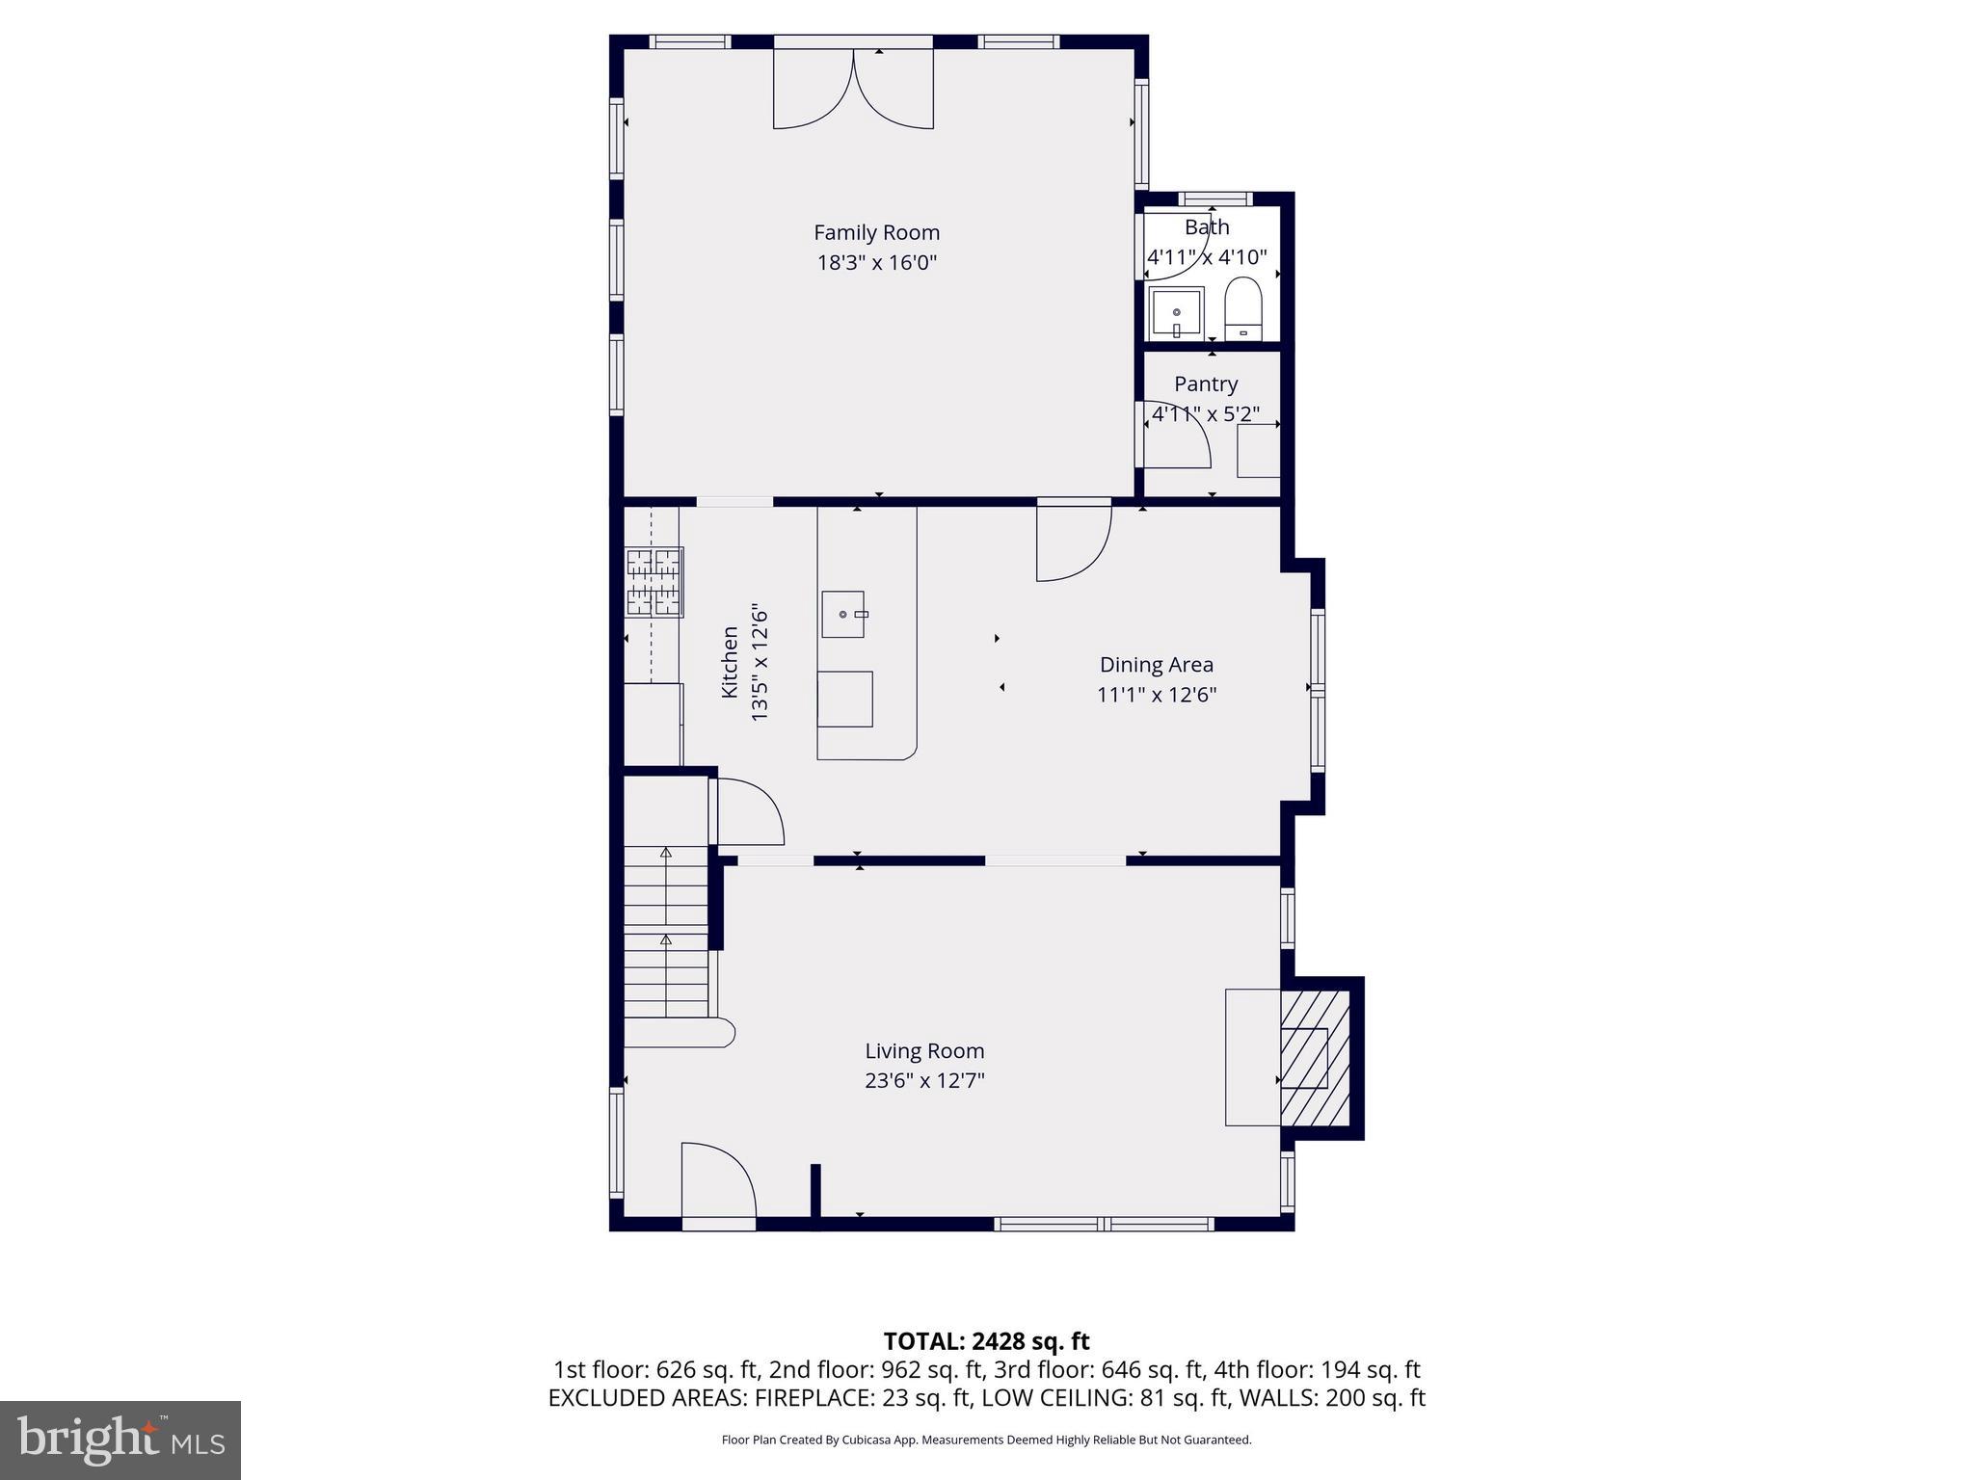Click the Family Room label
[876, 232]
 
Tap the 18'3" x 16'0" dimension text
[876, 262]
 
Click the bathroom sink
[1176, 313]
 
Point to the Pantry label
[1205, 383]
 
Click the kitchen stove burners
[654, 582]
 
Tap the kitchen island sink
[842, 614]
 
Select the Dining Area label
[1156, 664]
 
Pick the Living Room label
[923, 1050]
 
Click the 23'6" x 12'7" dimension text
[923, 1080]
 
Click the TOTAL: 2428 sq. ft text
[985, 1340]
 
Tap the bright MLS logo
[120, 1440]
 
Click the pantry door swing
[1177, 436]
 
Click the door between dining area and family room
[1073, 542]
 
